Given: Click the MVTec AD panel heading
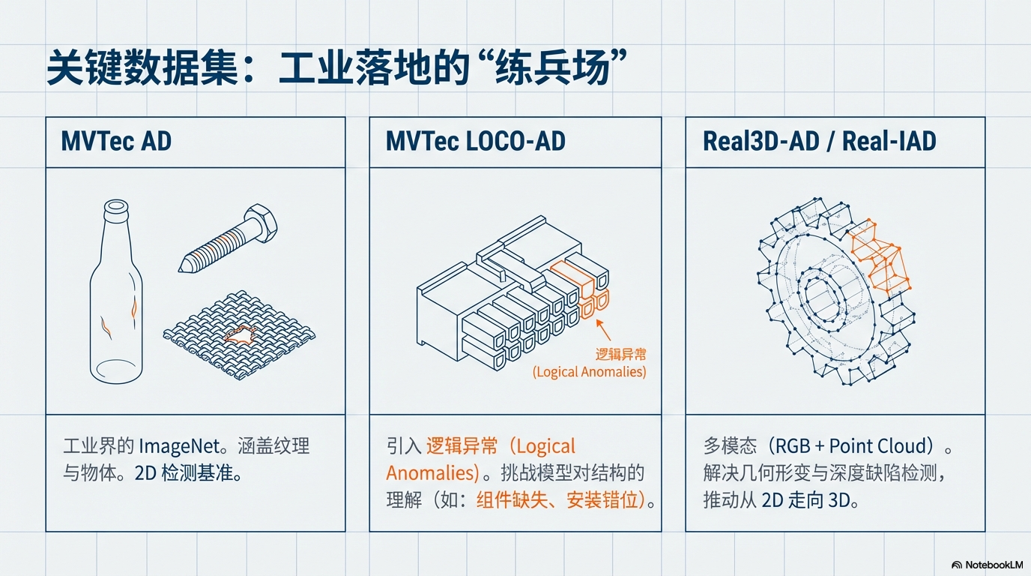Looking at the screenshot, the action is point(116,141).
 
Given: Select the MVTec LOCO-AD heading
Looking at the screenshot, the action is point(476,141).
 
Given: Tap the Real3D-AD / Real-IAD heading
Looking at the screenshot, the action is point(819,141).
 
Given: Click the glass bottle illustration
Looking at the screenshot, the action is point(116,292).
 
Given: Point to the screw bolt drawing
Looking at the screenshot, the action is point(229,238).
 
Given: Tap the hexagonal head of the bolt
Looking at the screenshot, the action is point(261,223).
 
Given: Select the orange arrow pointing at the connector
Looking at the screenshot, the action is point(603,330).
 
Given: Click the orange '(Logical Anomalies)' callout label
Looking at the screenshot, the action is point(589,371).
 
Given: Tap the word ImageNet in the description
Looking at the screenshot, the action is point(180,446).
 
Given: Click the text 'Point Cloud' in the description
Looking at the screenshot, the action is point(877,446).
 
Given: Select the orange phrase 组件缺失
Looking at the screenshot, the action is point(512,500).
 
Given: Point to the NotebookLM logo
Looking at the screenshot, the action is point(987,565).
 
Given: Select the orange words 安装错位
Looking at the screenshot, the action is point(602,500).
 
